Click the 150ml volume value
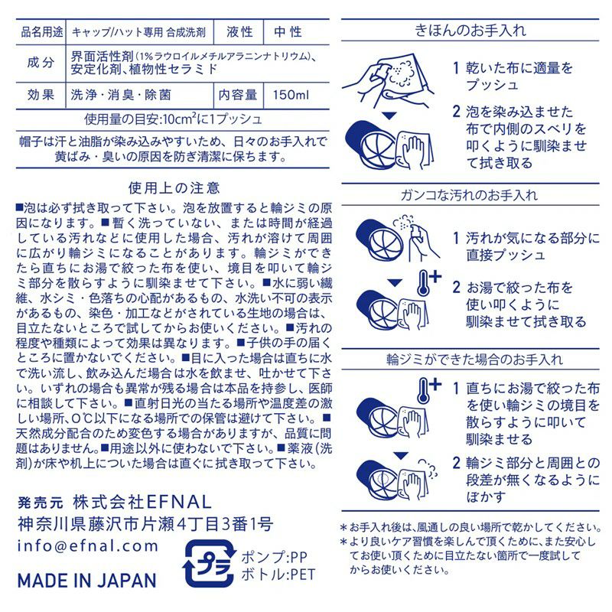click(291, 95)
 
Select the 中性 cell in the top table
click(288, 32)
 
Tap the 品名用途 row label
click(42, 32)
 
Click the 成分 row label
click(41, 62)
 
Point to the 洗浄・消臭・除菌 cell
click(121, 95)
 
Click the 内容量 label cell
click(238, 95)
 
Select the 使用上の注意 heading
click(174, 188)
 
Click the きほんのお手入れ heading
click(470, 30)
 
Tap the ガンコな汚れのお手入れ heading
click(469, 195)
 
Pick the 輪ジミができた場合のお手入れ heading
click(474, 359)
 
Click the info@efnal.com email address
click(88, 545)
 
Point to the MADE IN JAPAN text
click(87, 581)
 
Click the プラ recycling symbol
click(210, 564)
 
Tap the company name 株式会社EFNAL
click(142, 502)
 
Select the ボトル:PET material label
click(278, 575)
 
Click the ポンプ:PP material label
click(274, 557)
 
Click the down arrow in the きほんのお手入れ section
click(389, 116)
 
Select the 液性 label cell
click(239, 32)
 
